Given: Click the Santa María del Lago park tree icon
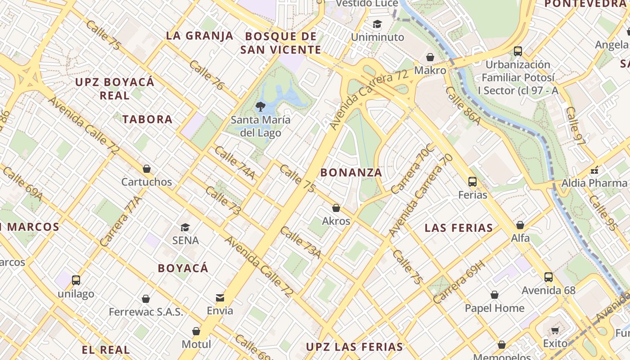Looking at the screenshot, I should [260, 107].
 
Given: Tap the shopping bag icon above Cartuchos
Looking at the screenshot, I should [146, 169].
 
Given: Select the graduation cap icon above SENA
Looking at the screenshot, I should [185, 227].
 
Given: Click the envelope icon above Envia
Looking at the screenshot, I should [220, 297].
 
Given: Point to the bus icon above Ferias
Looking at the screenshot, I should [472, 182].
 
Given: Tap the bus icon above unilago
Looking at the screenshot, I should [76, 280].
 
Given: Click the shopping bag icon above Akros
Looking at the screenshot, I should [336, 208].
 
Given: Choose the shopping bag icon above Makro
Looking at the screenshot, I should [430, 57].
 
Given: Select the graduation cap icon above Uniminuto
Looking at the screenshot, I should [377, 24].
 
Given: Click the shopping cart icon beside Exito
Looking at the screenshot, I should [555, 331].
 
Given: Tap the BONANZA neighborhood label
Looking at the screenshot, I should [351, 172].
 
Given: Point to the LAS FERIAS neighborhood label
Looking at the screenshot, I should [459, 228].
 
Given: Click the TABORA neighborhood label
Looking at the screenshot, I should [148, 119].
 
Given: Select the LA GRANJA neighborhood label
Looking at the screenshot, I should [200, 36].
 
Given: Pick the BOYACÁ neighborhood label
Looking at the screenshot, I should [183, 268].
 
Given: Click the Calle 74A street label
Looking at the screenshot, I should [234, 162].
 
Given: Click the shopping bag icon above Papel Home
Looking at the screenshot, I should [495, 295].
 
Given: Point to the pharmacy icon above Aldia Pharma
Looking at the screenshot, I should [594, 170].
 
